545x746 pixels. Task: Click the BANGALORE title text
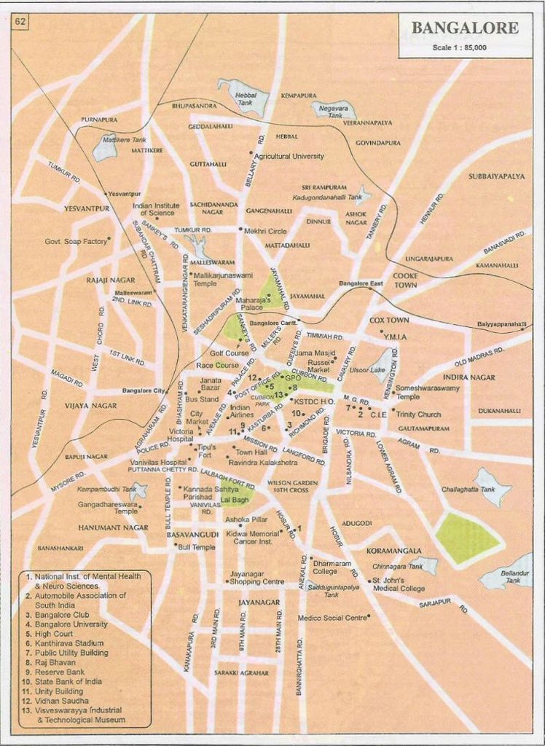[465, 28]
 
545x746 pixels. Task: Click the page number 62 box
[20, 22]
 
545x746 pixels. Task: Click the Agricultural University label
[289, 156]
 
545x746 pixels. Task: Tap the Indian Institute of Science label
[155, 209]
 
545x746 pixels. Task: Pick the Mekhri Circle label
[265, 231]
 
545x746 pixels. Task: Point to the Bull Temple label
[195, 546]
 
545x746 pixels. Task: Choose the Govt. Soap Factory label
[76, 241]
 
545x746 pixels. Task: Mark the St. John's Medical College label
[399, 584]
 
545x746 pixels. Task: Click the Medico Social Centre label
[332, 618]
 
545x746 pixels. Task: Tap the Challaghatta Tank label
[468, 490]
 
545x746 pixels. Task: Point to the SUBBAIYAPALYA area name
[496, 176]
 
